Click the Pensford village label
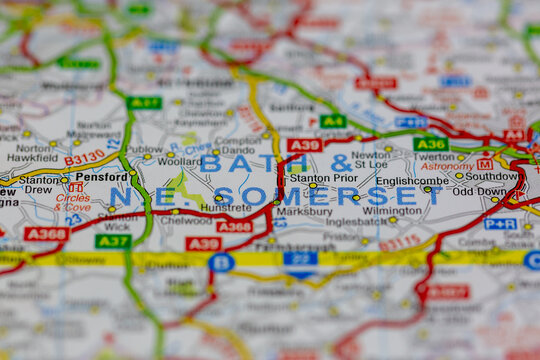click(102, 176)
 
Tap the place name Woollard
click(179, 160)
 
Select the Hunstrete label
click(226, 208)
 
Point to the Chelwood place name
click(186, 220)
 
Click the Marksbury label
click(304, 212)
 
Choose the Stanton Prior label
click(322, 177)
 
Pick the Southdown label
click(491, 175)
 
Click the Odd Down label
click(479, 191)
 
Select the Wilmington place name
click(392, 211)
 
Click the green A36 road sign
click(430, 144)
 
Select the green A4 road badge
click(333, 121)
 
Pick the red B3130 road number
click(84, 157)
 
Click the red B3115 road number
click(399, 242)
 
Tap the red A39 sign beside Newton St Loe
click(305, 145)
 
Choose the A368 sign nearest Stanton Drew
click(46, 234)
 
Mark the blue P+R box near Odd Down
click(500, 224)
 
